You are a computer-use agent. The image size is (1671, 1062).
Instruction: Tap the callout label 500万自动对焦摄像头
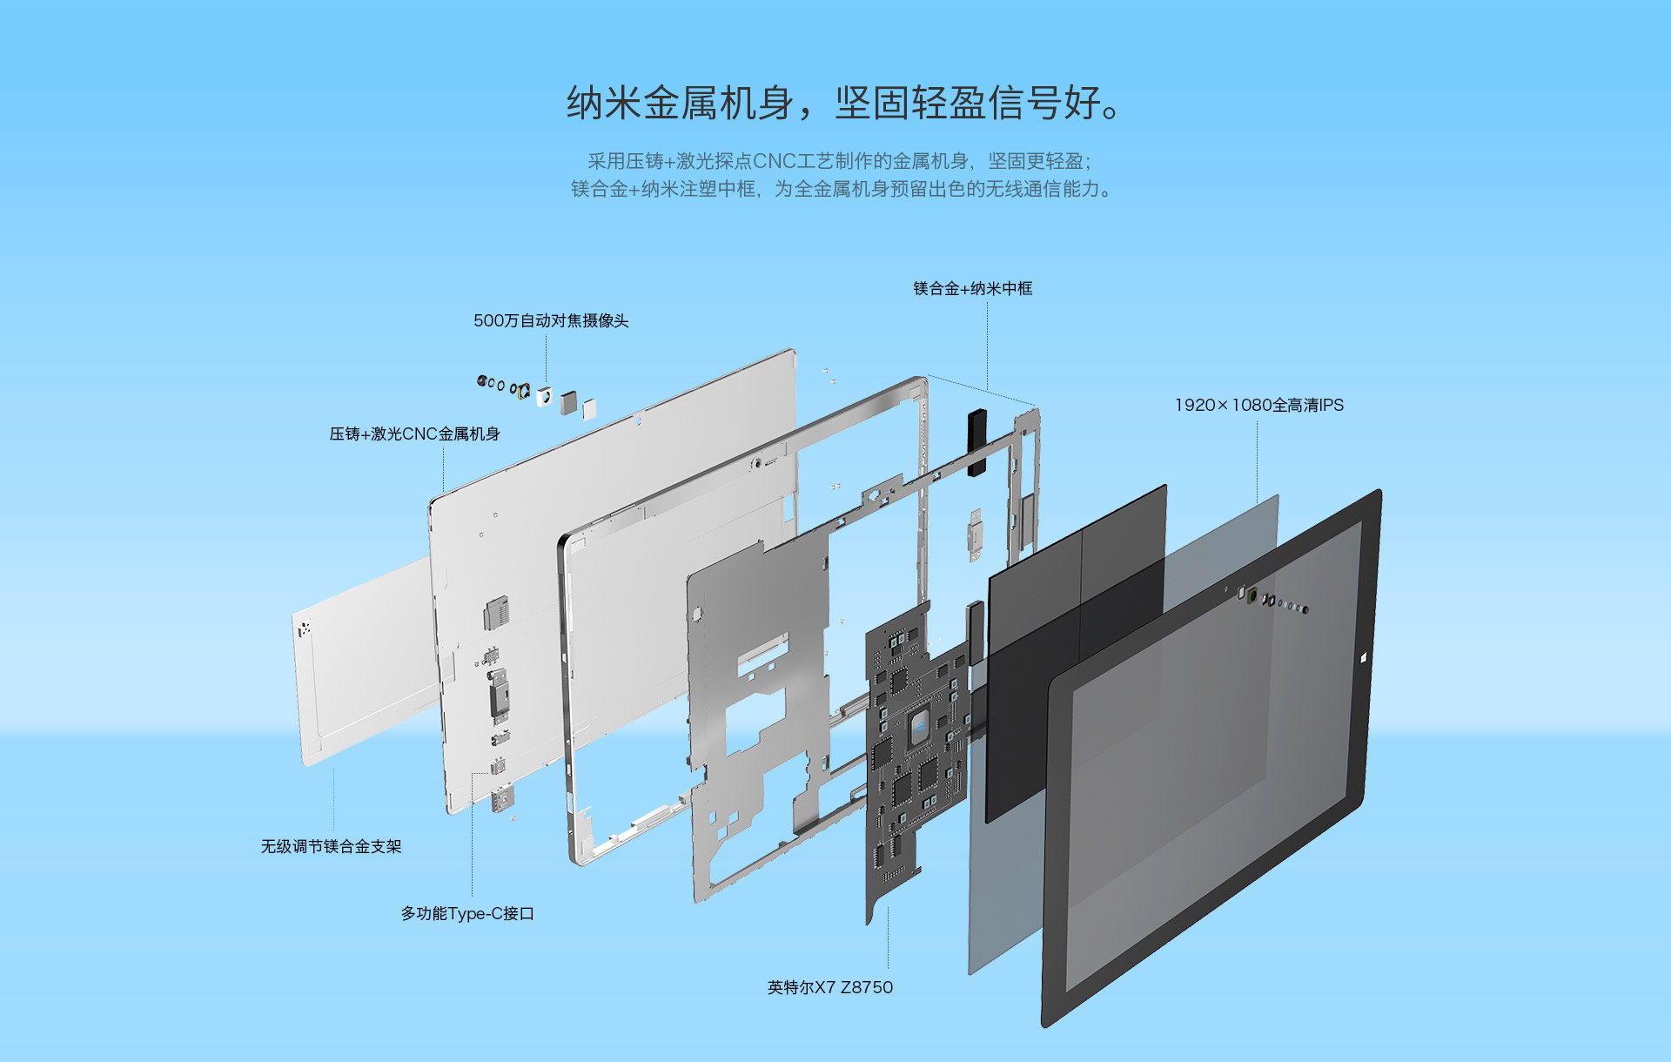[551, 320]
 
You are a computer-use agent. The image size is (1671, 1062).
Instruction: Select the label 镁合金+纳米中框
[973, 288]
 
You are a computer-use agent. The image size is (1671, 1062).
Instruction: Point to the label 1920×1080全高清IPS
[1259, 405]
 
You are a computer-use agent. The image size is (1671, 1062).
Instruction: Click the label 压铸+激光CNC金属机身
[414, 434]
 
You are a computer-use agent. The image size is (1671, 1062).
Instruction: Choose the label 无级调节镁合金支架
[332, 846]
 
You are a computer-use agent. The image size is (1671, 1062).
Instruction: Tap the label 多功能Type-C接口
[467, 913]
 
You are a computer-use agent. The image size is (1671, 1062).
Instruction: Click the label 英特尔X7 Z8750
[830, 987]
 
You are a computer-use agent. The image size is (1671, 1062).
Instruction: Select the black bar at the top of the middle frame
[977, 442]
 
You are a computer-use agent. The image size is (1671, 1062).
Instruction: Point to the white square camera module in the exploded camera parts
[545, 395]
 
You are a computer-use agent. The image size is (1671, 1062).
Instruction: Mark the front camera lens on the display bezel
[1252, 595]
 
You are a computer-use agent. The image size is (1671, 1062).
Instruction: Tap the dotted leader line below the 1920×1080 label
[1257, 462]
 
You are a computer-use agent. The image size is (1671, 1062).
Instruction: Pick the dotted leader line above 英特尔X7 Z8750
[888, 939]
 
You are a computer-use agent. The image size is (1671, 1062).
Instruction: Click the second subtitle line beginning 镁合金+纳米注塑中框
[842, 189]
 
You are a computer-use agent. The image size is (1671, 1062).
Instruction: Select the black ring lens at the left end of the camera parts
[481, 380]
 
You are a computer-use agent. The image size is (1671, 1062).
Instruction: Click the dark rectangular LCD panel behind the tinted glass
[1076, 653]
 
